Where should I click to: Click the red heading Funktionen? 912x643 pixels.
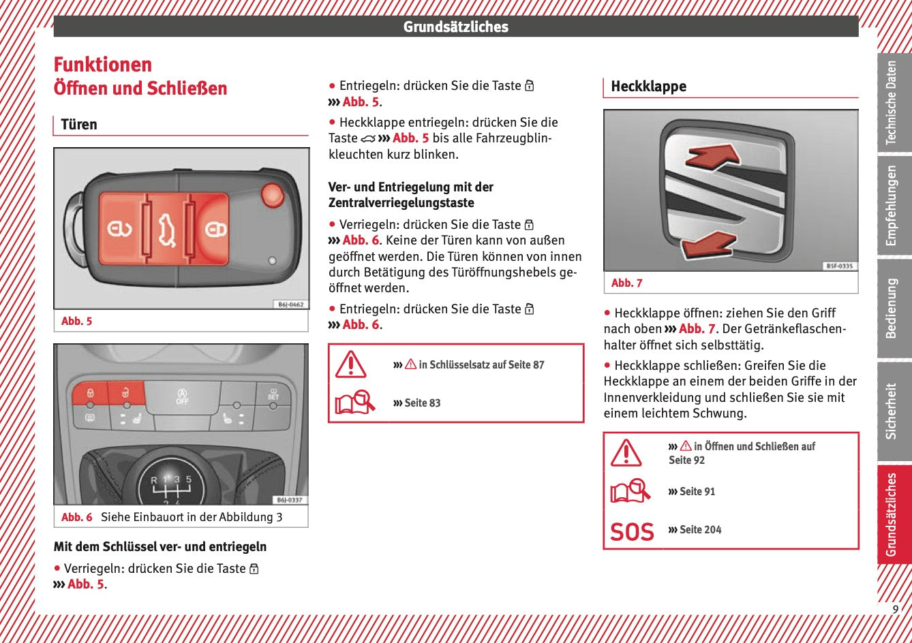pyautogui.click(x=103, y=65)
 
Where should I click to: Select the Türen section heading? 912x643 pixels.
pyautogui.click(x=79, y=125)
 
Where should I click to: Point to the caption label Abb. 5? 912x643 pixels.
pyautogui.click(x=76, y=321)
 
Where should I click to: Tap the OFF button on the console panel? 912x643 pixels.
pyautogui.click(x=182, y=396)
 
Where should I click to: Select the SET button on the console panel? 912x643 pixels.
pyautogui.click(x=273, y=395)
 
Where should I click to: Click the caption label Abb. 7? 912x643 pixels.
pyautogui.click(x=626, y=283)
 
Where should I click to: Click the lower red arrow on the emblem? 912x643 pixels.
pyautogui.click(x=710, y=245)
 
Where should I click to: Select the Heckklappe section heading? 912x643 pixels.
pyautogui.click(x=648, y=87)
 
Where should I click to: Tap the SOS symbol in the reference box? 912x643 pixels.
pyautogui.click(x=632, y=531)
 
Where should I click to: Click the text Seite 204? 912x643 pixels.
pyautogui.click(x=700, y=529)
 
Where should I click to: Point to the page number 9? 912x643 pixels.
pyautogui.click(x=896, y=610)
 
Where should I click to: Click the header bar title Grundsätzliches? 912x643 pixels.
pyautogui.click(x=456, y=27)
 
